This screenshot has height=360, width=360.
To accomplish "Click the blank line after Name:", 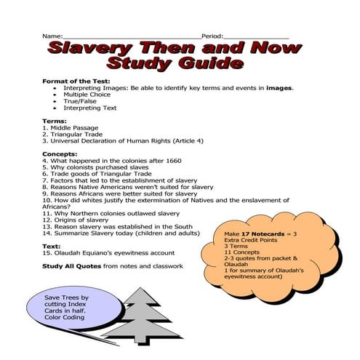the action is coord(131,37).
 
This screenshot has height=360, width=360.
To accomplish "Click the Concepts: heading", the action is coord(60,154).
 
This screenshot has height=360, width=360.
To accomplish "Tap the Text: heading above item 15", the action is coord(52,245).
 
